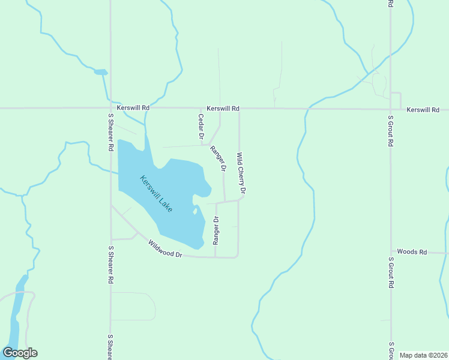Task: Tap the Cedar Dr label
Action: [x=201, y=127]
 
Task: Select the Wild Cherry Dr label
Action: [x=241, y=173]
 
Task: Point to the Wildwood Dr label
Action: [x=165, y=248]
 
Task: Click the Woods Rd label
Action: [x=412, y=253]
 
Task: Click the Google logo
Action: [x=20, y=353]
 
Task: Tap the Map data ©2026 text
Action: [x=423, y=355]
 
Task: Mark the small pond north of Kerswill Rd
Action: [x=100, y=73]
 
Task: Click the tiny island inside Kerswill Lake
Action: [x=194, y=211]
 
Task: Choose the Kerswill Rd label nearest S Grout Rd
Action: [x=423, y=110]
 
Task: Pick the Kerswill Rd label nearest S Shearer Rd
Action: [x=133, y=107]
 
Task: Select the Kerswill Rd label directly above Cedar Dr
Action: [x=223, y=109]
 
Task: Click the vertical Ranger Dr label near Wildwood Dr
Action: [x=216, y=230]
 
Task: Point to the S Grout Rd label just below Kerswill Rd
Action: [x=390, y=132]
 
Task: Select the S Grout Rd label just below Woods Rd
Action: [x=390, y=273]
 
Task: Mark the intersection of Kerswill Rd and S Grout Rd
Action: [x=390, y=109]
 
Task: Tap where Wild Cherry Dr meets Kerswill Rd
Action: [x=240, y=109]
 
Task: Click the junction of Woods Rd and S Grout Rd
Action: [x=391, y=253]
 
